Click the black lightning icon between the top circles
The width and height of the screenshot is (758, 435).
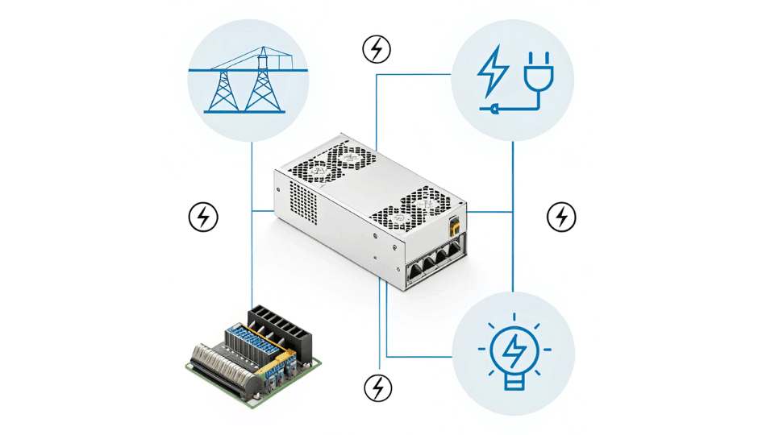click(376, 49)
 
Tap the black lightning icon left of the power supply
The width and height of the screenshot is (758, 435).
click(203, 216)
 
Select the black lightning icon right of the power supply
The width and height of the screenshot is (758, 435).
click(561, 216)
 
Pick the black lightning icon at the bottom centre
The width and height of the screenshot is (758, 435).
click(377, 387)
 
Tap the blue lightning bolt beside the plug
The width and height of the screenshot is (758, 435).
click(492, 72)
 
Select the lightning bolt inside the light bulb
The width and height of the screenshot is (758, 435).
click(514, 349)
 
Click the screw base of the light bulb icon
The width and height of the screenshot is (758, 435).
click(514, 380)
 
